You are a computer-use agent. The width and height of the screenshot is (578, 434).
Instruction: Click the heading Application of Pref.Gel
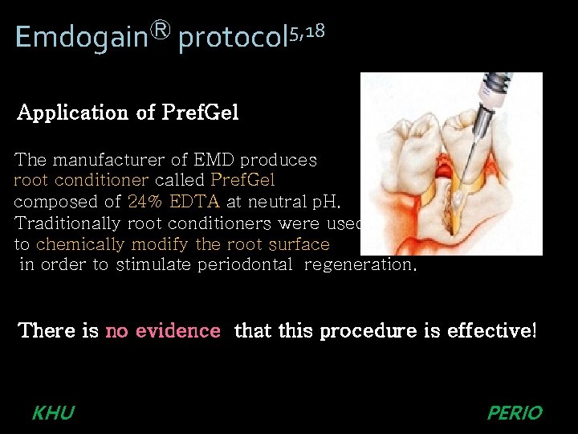click(128, 113)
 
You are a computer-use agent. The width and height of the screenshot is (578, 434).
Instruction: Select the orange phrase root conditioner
click(81, 181)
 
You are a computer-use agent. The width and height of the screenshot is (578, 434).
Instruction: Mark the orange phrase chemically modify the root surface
click(182, 244)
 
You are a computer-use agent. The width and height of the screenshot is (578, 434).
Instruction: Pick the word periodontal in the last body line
click(245, 265)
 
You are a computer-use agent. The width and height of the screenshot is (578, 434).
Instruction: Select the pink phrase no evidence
click(163, 330)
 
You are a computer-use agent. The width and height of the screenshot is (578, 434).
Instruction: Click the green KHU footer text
click(53, 413)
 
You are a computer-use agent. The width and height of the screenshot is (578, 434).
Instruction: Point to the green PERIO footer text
click(515, 413)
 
